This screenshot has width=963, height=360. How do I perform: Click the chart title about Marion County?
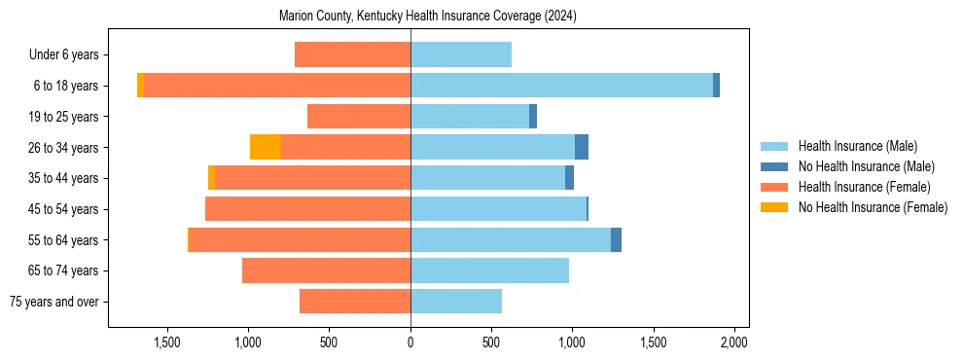pos(428,17)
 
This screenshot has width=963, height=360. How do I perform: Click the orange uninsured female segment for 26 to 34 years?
pos(266,147)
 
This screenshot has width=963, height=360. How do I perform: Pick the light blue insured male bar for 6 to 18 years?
pos(561,86)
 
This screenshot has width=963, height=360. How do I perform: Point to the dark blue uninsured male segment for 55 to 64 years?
pos(616,239)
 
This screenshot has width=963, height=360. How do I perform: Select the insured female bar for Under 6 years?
pos(352,54)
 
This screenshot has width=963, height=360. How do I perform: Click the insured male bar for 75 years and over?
pos(455,302)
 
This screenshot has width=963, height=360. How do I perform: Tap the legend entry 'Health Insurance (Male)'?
pos(857,146)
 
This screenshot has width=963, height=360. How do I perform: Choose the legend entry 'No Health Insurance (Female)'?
pos(873,207)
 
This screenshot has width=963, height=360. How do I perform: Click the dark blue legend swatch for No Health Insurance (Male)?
pos(774,166)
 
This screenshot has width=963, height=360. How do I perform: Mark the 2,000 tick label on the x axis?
pos(733,342)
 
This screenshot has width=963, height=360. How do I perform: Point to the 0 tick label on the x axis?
pos(410,342)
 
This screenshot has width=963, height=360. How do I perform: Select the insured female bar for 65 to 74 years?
pos(326,270)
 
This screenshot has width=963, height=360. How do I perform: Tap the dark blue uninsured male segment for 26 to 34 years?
pos(582,147)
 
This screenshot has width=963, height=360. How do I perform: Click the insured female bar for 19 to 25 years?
pos(359,117)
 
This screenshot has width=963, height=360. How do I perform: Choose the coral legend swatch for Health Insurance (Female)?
pos(774,187)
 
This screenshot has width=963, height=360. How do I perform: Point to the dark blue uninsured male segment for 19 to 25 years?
pos(533,117)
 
